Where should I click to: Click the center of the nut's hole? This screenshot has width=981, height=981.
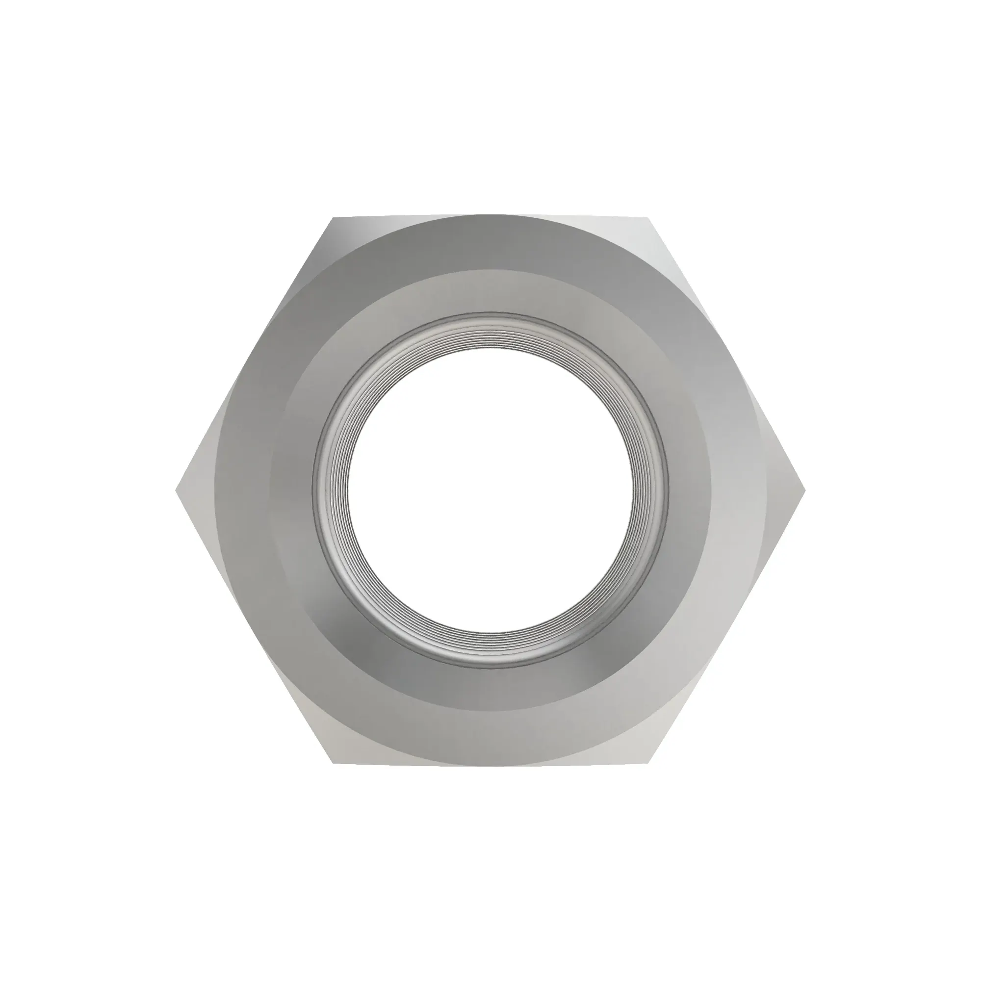[490, 490]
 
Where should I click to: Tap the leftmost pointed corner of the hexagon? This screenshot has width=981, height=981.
[176, 490]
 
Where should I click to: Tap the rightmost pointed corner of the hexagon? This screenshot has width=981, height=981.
[805, 490]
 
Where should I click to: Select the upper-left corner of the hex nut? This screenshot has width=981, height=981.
[334, 218]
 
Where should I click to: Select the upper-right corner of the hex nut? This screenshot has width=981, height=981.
[648, 218]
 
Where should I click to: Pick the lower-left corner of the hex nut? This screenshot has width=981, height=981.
[334, 763]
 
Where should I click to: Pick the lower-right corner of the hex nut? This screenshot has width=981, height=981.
[648, 763]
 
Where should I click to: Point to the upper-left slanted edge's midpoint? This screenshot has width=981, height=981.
[255, 355]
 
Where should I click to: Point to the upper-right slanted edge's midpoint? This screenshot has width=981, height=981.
[727, 355]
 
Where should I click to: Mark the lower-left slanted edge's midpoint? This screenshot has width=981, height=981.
[255, 626]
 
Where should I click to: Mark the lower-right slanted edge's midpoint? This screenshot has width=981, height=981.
[727, 626]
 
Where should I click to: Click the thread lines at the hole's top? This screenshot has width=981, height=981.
[490, 333]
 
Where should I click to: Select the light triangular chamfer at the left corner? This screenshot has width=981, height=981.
[196, 490]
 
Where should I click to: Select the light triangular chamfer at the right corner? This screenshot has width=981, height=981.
[786, 490]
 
